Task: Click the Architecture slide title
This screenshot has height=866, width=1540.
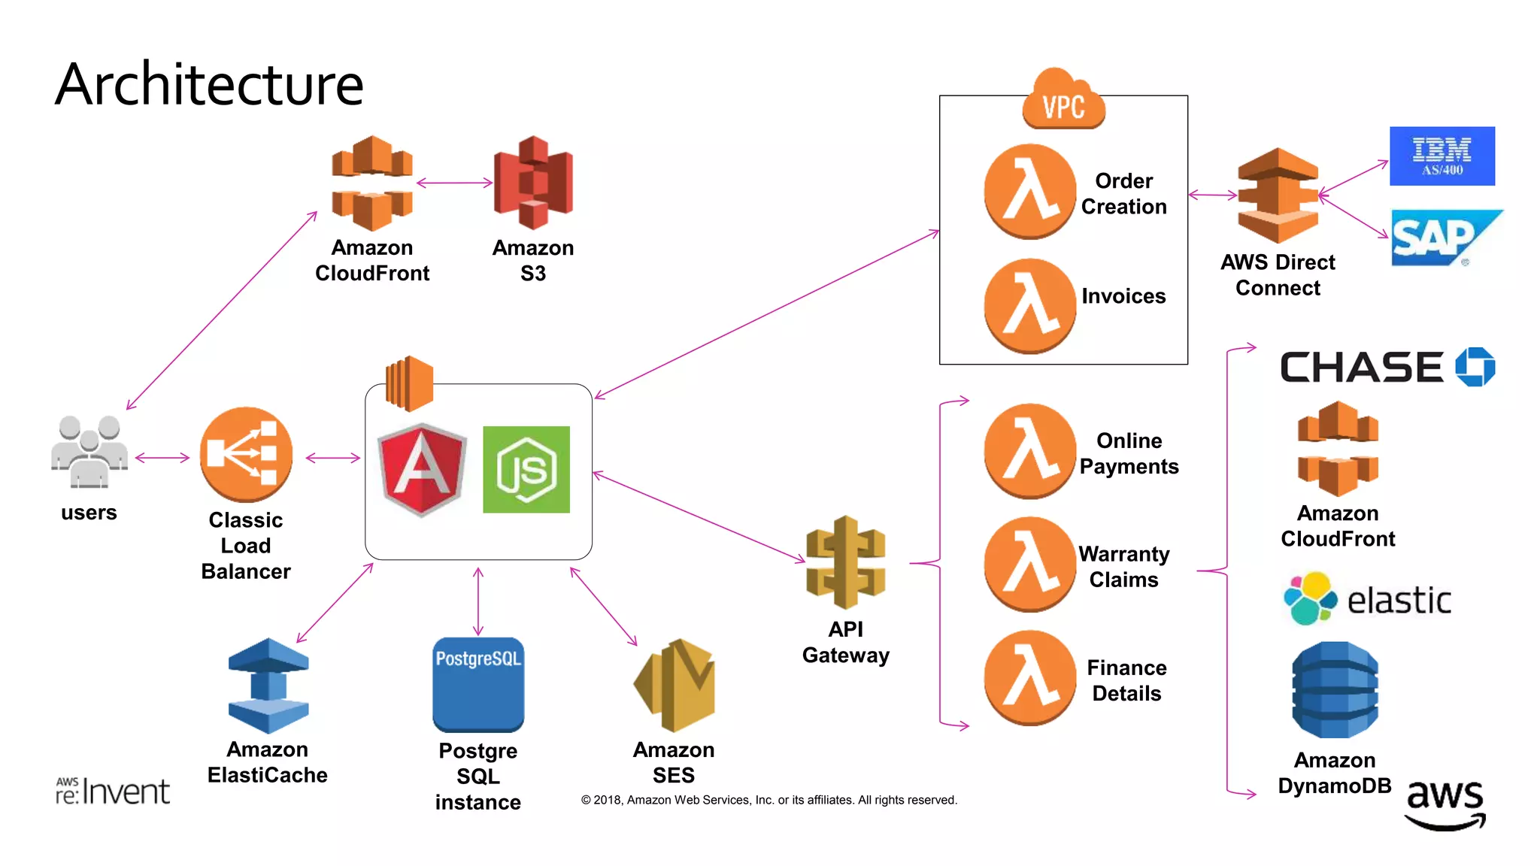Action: pyautogui.click(x=209, y=84)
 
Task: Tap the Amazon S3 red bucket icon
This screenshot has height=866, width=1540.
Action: pyautogui.click(x=533, y=183)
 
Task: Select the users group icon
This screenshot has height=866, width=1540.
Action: pyautogui.click(x=89, y=452)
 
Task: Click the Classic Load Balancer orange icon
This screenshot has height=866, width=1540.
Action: pyautogui.click(x=246, y=455)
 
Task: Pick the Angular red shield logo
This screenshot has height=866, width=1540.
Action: pyautogui.click(x=422, y=470)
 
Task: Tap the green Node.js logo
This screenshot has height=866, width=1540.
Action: pyautogui.click(x=526, y=470)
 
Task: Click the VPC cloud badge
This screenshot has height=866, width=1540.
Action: pyautogui.click(x=1063, y=101)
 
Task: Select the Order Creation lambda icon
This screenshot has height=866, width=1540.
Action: pyautogui.click(x=1029, y=192)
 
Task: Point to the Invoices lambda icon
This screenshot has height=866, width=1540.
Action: pyautogui.click(x=1029, y=306)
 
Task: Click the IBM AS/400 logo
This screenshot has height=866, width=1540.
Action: pyautogui.click(x=1441, y=156)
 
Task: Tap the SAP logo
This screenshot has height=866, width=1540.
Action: pyautogui.click(x=1440, y=238)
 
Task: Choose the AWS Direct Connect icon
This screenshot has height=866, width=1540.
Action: pyautogui.click(x=1278, y=195)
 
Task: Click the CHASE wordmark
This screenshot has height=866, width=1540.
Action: pyautogui.click(x=1361, y=368)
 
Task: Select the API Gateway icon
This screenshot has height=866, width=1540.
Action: pyautogui.click(x=845, y=562)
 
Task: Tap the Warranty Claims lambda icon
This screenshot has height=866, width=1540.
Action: pyautogui.click(x=1029, y=564)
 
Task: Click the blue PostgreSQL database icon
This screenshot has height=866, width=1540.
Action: pyautogui.click(x=478, y=685)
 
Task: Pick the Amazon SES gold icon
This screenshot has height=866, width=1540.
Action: pyautogui.click(x=675, y=685)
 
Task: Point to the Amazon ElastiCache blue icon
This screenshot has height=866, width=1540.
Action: pyautogui.click(x=268, y=686)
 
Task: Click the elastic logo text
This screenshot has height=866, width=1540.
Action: pyautogui.click(x=1398, y=601)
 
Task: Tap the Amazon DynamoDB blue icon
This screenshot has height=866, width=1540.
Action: pyautogui.click(x=1335, y=689)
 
